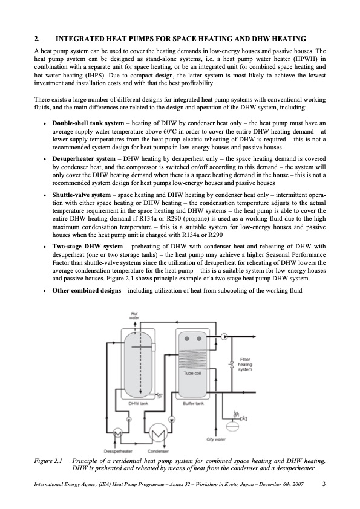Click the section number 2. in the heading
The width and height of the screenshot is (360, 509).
38,39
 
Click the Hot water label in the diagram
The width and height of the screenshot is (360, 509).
134,316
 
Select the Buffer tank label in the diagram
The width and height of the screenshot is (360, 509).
192,402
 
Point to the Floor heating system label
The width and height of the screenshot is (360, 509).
245,364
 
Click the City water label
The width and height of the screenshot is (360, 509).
216,439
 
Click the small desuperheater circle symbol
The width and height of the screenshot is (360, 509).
118,433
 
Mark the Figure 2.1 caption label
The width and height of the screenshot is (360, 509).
50,462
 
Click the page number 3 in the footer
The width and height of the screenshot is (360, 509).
324,484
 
